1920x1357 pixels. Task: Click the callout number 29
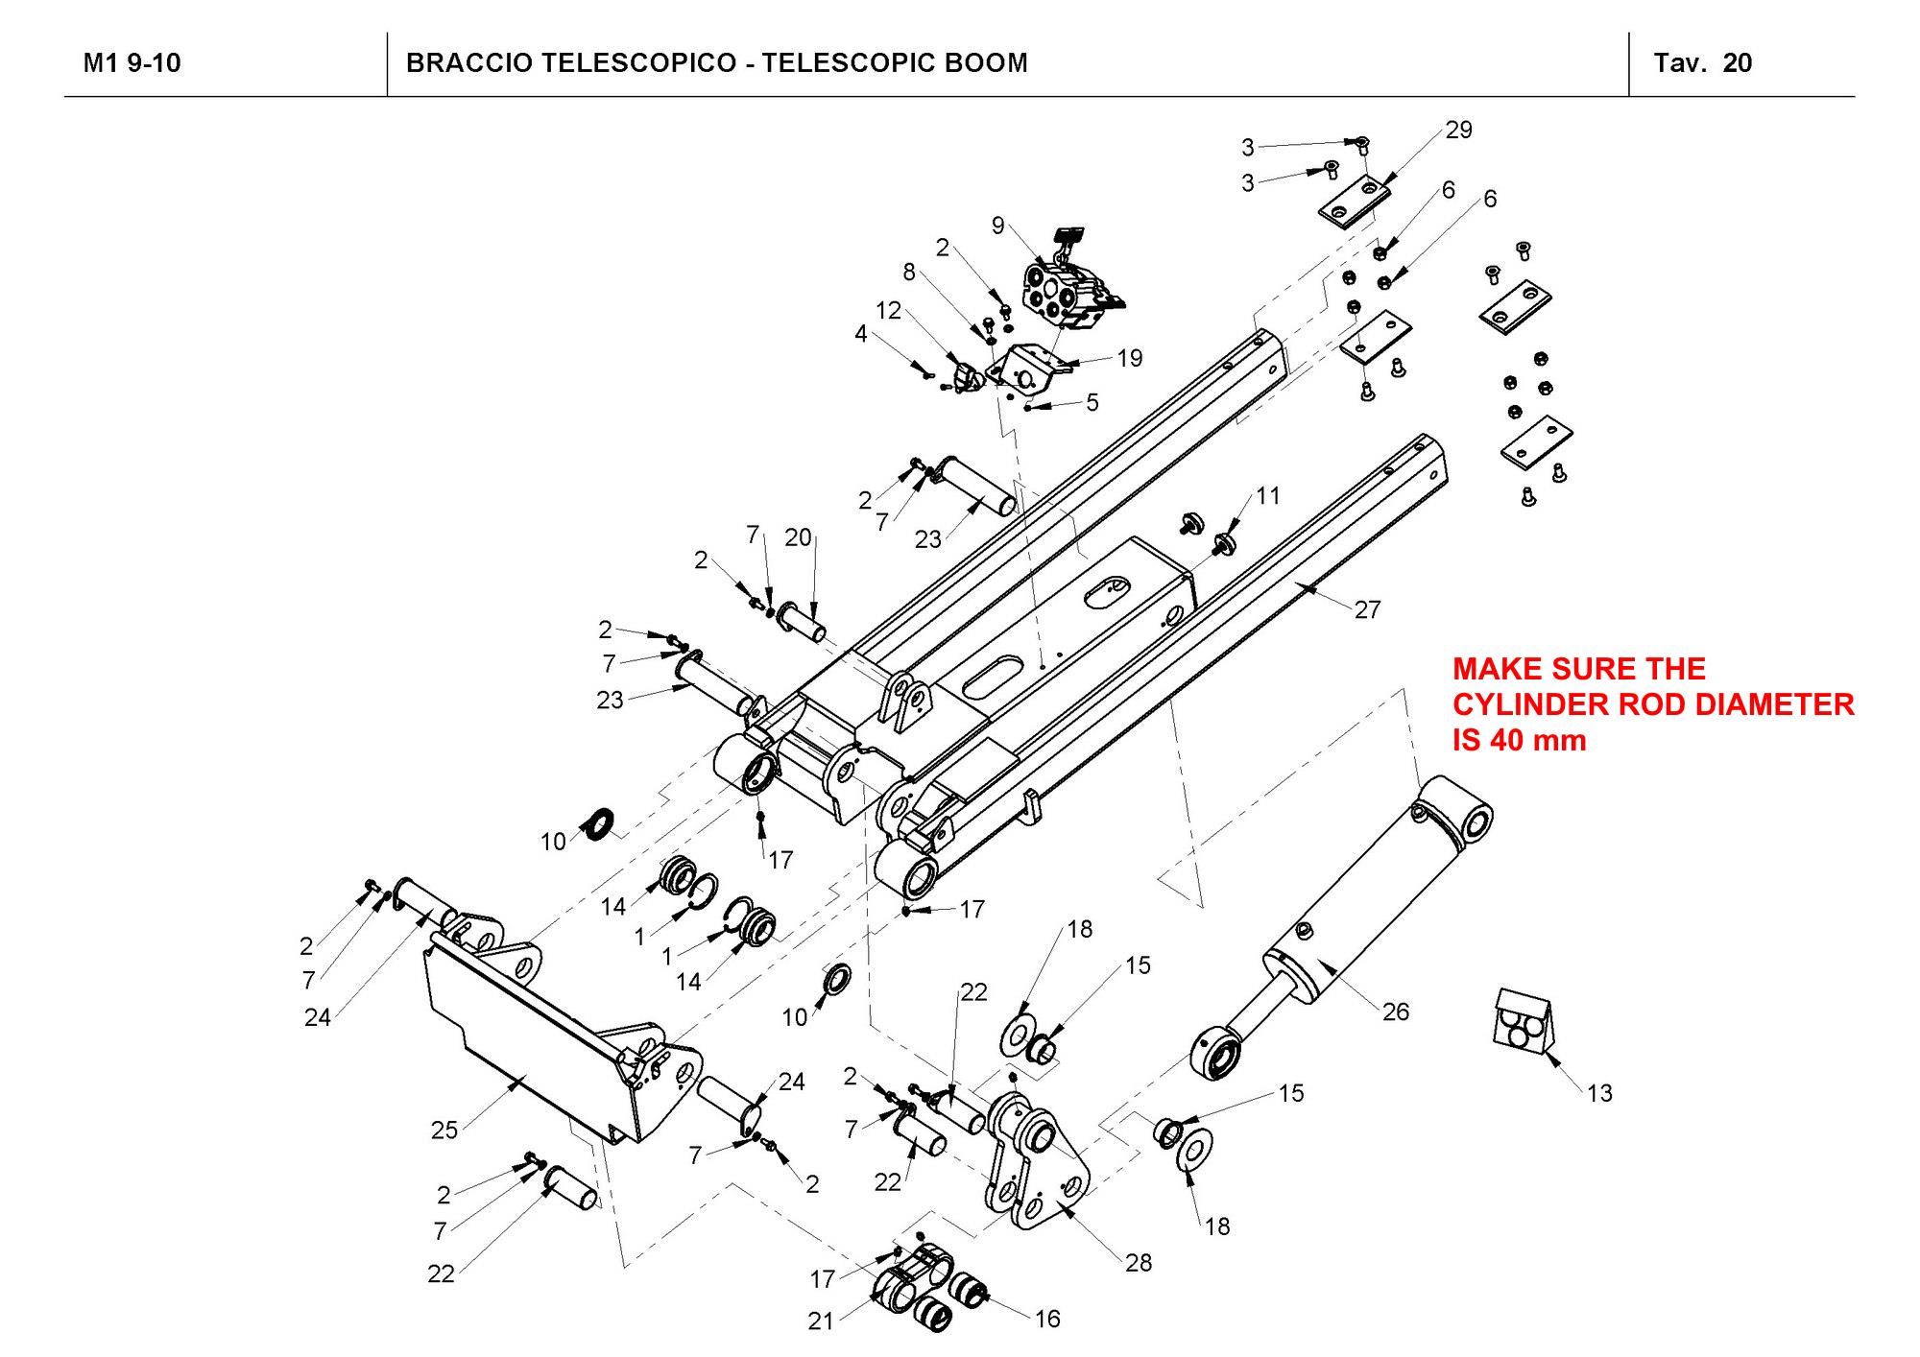1458,131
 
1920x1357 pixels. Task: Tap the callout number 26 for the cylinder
1395,1012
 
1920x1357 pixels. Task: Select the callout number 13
1599,1093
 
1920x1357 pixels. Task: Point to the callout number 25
444,1131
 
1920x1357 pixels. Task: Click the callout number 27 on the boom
1367,609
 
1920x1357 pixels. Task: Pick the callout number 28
1139,1263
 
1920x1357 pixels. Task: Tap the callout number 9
998,226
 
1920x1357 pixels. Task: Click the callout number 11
1268,495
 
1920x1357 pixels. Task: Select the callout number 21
821,1321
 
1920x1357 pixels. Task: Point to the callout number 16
1047,1320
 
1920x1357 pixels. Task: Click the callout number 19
1130,359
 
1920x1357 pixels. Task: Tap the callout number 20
798,538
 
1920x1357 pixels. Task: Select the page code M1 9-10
132,63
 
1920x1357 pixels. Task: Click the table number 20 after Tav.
1738,63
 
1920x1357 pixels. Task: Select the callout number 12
888,311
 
